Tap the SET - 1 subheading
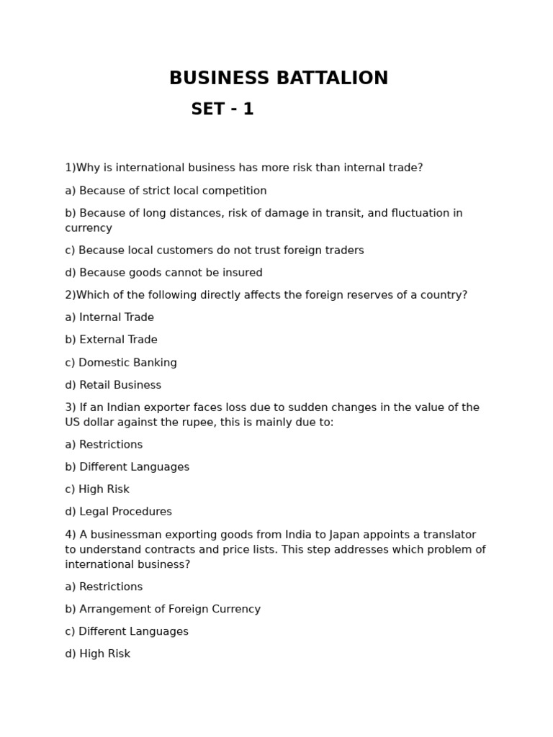[222, 109]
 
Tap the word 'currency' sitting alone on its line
[89, 228]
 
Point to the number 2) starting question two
[71, 295]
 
